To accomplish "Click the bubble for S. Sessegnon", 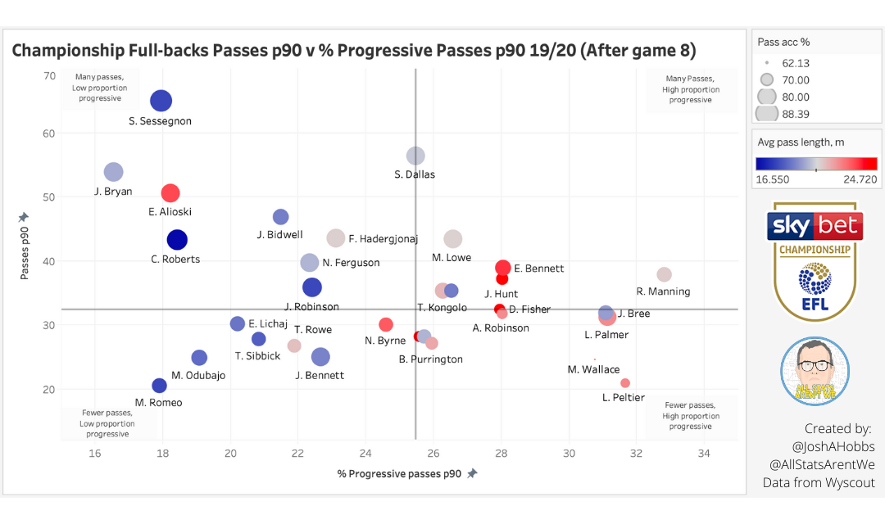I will [161, 101].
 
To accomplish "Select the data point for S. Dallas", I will [415, 156].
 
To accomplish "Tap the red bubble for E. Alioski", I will [170, 193].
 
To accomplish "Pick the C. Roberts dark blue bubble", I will [177, 240].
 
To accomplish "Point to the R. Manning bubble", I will [664, 274].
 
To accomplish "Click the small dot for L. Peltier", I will [625, 383].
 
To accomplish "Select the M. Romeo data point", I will [159, 386].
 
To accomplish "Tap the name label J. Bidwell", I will [279, 235].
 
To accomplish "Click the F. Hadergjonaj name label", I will [383, 239].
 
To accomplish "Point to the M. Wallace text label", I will [593, 369].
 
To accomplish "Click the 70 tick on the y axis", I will [49, 76].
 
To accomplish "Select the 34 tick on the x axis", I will [703, 454].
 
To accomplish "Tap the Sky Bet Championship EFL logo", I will [815, 261].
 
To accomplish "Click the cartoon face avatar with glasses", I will [814, 370].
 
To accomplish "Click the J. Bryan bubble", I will [113, 172].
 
